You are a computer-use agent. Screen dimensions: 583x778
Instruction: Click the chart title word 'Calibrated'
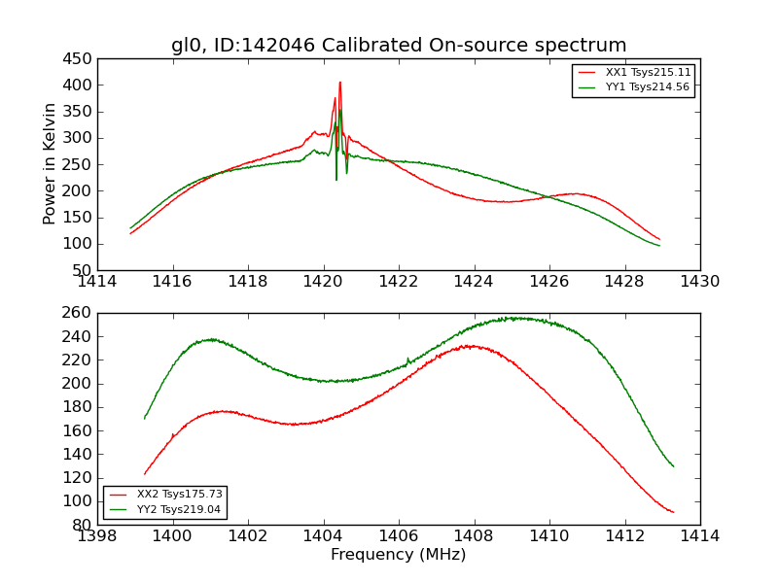432,46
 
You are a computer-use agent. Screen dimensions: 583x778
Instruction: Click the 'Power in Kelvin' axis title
51,164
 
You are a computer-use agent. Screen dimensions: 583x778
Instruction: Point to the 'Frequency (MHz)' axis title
398,555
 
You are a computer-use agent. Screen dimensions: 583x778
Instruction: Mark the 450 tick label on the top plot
77,59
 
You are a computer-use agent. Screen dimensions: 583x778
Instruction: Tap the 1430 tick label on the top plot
699,282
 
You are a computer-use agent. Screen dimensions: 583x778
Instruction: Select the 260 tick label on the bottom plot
77,313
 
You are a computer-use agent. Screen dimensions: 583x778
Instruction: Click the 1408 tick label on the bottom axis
474,536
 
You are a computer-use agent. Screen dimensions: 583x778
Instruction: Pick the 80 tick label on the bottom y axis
82,525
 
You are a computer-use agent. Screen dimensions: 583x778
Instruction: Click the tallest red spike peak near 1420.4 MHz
339,83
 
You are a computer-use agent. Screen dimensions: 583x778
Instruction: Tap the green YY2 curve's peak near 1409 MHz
513,318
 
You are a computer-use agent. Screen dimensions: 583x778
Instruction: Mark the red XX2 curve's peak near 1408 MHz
471,346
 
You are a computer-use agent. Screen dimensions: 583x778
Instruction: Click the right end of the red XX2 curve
673,512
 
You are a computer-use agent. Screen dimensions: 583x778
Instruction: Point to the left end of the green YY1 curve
130,228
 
